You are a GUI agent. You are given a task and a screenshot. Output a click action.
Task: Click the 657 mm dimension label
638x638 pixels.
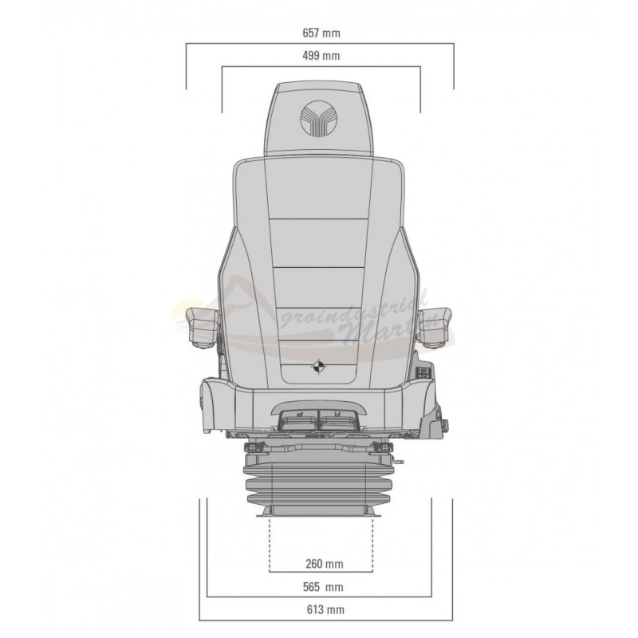click(320, 35)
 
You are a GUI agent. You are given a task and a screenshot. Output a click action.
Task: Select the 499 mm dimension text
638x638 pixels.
click(320, 56)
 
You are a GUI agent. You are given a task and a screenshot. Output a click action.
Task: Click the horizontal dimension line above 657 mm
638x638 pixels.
click(320, 46)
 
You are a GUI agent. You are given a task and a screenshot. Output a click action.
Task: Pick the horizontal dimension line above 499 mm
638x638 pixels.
click(320, 68)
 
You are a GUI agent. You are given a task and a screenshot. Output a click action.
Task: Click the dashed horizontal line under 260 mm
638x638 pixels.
click(321, 573)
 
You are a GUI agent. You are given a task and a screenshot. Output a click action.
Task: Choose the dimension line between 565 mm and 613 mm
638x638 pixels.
click(319, 597)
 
